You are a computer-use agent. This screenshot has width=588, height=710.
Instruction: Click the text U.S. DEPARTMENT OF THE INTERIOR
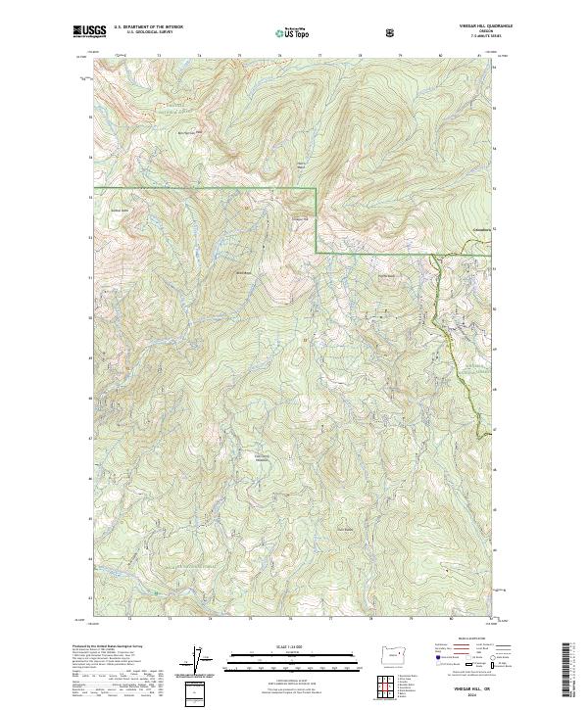148,27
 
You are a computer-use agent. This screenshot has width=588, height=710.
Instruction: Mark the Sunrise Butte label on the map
344,532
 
